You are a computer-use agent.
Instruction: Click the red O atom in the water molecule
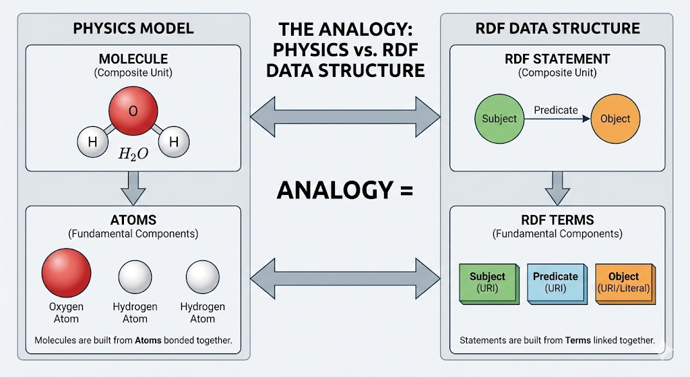133,111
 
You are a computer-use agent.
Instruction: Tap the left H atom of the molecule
92,142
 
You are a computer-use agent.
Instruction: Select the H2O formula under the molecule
133,154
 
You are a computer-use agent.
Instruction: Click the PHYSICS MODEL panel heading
133,28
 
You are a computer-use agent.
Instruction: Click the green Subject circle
499,119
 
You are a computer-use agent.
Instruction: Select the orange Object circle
615,119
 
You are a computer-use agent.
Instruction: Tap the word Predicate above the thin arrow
556,110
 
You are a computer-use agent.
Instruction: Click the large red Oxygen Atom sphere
66,273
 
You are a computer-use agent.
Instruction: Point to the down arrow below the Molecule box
133,187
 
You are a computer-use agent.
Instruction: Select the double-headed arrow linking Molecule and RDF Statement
344,119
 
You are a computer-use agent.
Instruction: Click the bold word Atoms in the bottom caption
148,341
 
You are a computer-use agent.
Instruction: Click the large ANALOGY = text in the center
344,190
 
